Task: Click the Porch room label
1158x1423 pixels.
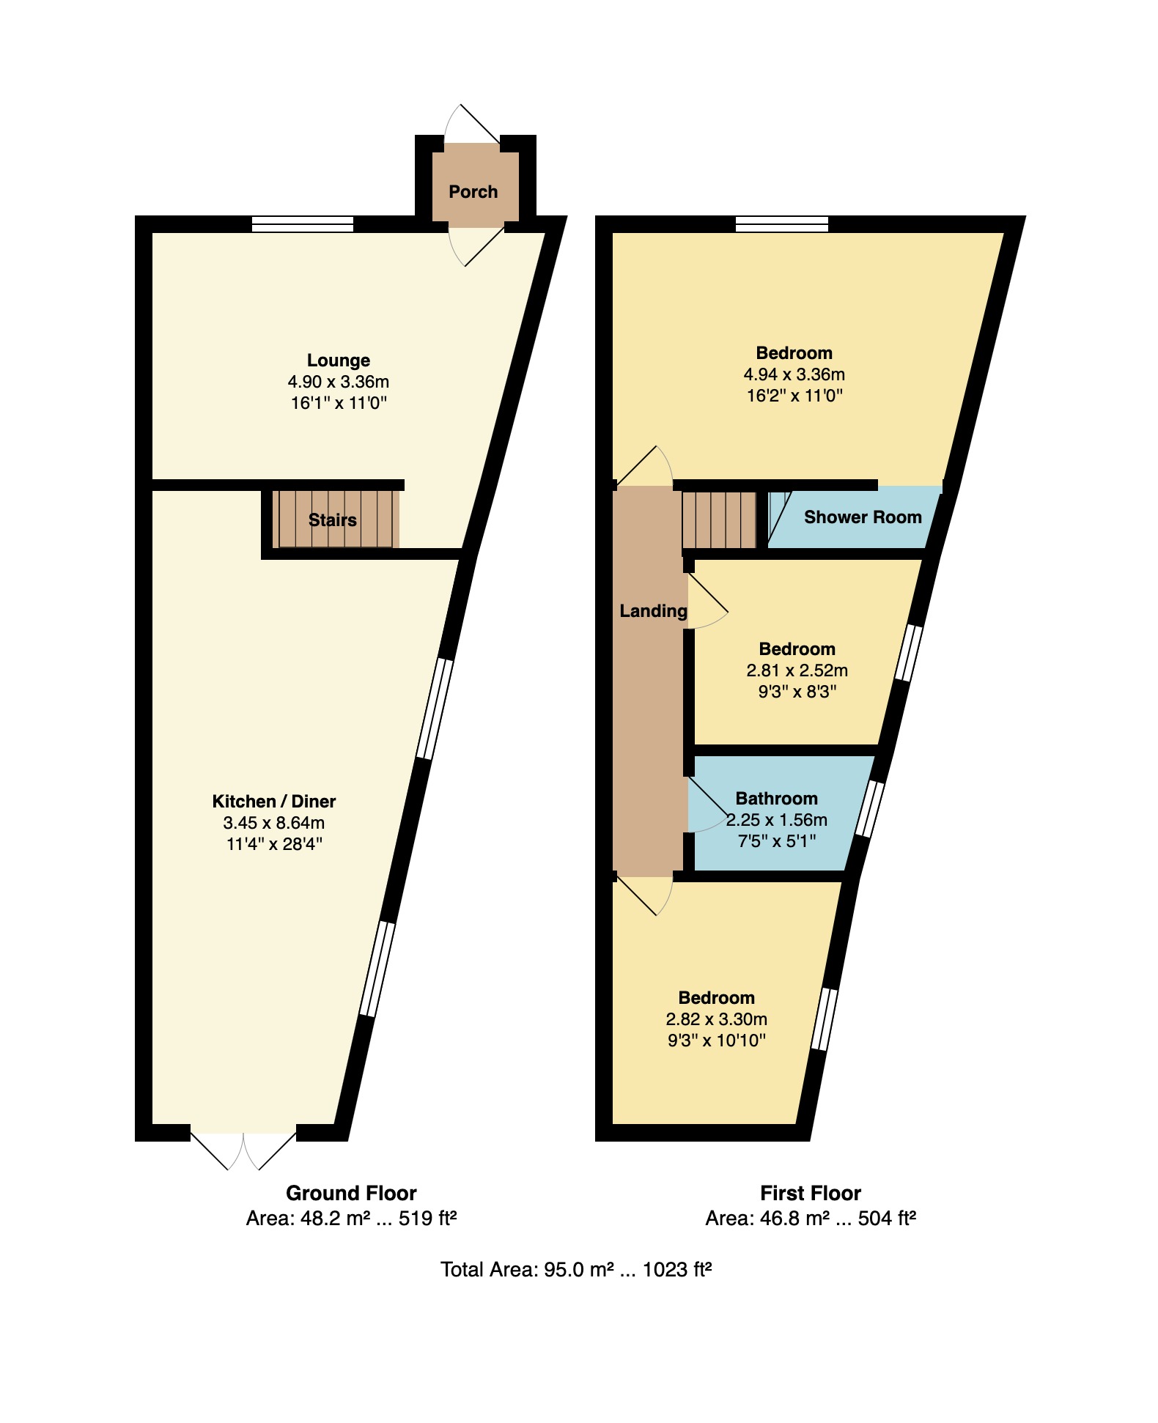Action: tap(473, 192)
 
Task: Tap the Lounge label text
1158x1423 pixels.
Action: tap(338, 361)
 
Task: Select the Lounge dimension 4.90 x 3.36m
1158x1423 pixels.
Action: tap(338, 382)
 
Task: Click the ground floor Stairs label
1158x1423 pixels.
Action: tap(332, 520)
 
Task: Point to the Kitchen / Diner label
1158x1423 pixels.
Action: tap(274, 801)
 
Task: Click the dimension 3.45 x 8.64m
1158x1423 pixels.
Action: tap(274, 822)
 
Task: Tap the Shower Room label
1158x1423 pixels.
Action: tap(863, 517)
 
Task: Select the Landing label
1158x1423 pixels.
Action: tap(653, 611)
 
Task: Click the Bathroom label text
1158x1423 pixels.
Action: tap(776, 799)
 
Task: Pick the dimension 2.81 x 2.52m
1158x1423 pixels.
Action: tap(797, 670)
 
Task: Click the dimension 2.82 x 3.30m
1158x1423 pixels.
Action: tap(716, 1019)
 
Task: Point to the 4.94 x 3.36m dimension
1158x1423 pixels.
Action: tap(794, 374)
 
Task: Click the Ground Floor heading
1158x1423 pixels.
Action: tap(351, 1193)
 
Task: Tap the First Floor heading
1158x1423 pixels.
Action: tap(810, 1193)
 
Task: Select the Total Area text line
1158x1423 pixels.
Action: tap(576, 1269)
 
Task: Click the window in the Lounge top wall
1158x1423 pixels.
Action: tap(303, 223)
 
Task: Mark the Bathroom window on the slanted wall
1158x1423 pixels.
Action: tap(870, 809)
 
